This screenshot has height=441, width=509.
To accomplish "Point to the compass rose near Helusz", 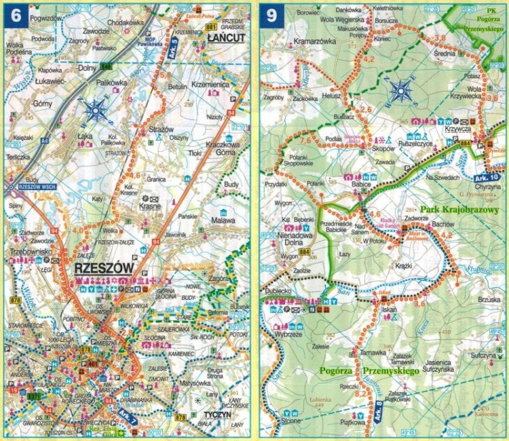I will tap(401, 90).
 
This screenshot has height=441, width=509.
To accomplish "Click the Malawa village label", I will tap(223, 220).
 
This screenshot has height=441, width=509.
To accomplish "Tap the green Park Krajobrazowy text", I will tap(459, 210).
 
